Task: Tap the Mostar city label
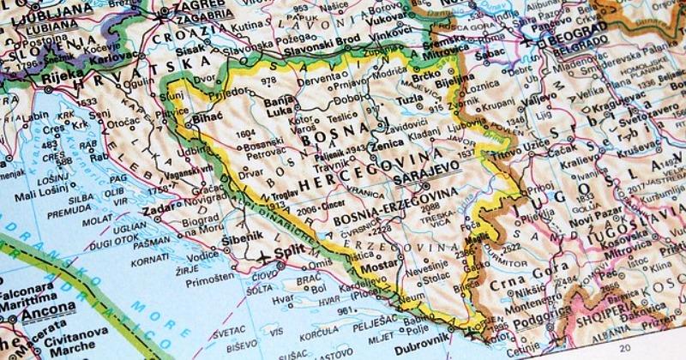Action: click(x=376, y=269)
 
